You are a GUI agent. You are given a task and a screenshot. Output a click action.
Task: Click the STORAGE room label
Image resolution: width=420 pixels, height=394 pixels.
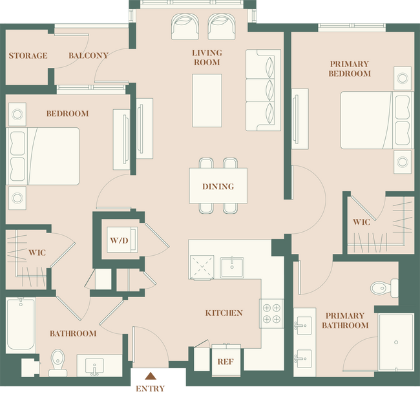click(x=28, y=56)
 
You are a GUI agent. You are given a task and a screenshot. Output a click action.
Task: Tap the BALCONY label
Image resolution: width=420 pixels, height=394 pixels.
click(x=88, y=56)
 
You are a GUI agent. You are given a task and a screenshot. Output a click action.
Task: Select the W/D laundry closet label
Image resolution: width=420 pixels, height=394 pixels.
click(x=118, y=241)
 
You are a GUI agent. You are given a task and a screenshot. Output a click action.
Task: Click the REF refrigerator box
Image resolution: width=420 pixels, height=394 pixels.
click(x=225, y=362)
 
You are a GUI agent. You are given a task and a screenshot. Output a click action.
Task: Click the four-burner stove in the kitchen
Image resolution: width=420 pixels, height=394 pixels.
click(x=271, y=313)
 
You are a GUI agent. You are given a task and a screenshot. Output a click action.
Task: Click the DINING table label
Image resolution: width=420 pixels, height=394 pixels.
click(x=218, y=187)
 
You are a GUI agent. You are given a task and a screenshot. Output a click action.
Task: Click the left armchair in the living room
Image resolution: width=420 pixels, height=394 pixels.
click(x=185, y=27)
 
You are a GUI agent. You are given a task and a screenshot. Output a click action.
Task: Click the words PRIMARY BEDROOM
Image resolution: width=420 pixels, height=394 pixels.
click(x=350, y=68)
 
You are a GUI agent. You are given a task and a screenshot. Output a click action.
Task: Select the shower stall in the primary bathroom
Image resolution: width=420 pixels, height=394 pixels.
click(x=395, y=342)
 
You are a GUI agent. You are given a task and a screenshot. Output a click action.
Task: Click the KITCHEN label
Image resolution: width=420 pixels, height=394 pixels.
click(x=224, y=313)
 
